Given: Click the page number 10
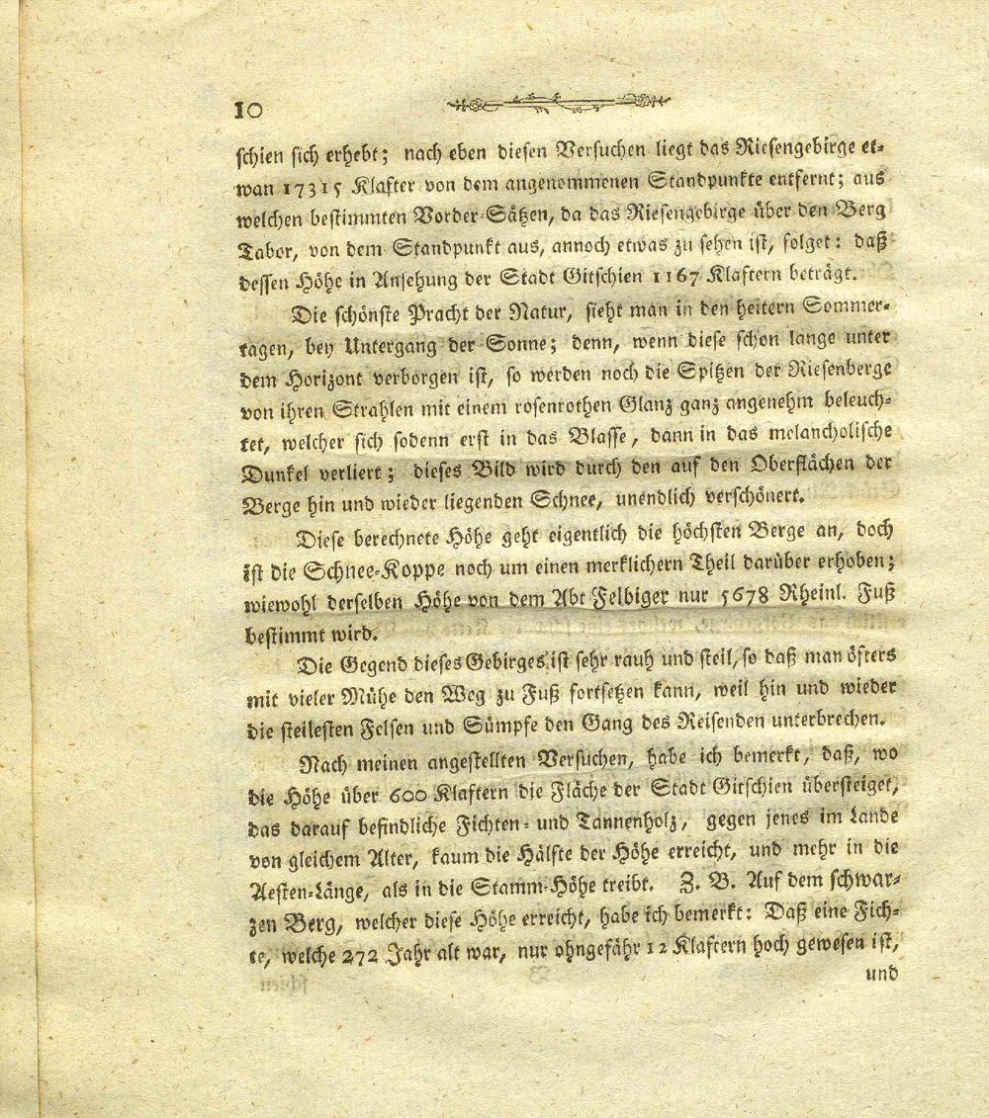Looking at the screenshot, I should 247,109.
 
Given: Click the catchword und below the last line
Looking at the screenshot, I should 878,974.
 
